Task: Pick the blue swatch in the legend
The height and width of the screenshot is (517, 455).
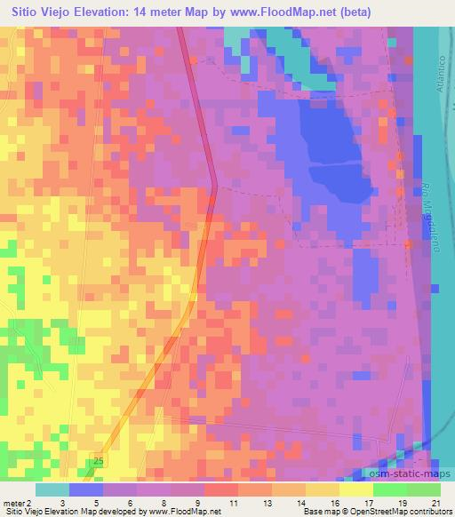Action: point(84,489)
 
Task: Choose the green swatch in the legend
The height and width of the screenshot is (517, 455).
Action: point(388,489)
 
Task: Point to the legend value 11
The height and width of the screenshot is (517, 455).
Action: point(233,502)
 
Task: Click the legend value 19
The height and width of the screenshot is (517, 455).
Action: point(403,502)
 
